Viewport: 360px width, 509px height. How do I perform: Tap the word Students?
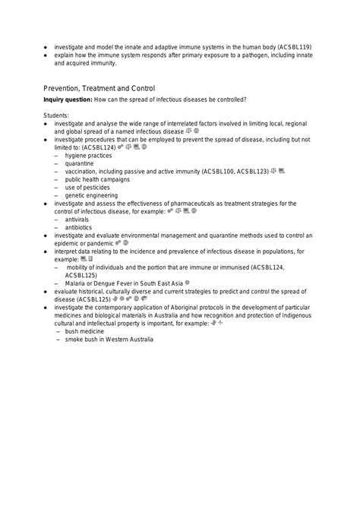57,115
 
